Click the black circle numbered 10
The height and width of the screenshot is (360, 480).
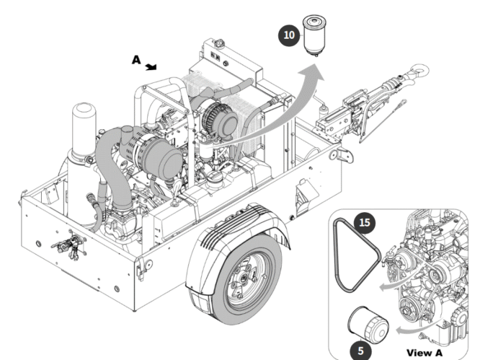pyautogui.click(x=288, y=32)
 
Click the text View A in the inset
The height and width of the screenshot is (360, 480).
pyautogui.click(x=425, y=352)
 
